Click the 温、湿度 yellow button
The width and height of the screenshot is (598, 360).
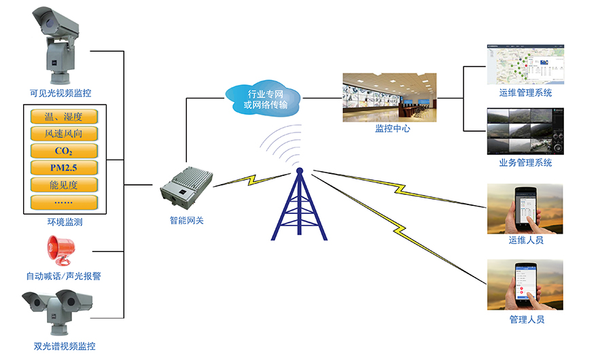coord(64,115)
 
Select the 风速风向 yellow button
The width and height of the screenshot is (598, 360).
coord(64,133)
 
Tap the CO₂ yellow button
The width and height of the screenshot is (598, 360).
coord(64,150)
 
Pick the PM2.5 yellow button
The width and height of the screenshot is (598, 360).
coord(64,167)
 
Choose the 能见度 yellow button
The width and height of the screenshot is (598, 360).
coord(64,184)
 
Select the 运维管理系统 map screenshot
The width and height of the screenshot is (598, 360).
coord(525,65)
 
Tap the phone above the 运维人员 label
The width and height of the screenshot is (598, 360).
coord(525,208)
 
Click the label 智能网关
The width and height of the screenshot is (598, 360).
coord(186,219)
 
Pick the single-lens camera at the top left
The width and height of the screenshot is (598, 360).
coord(60,44)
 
